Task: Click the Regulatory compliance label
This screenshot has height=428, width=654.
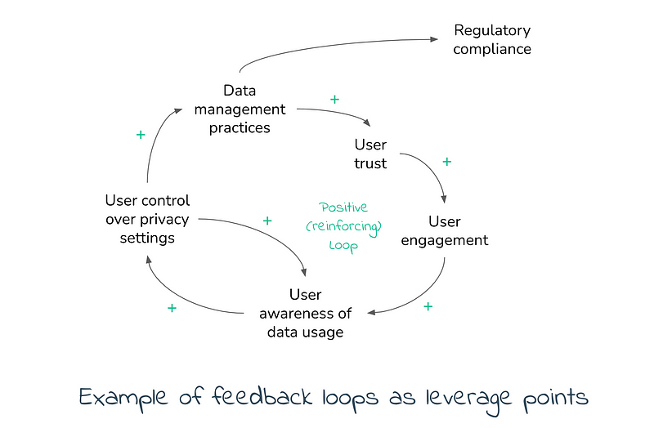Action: (x=492, y=40)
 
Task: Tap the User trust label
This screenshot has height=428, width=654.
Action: (x=370, y=154)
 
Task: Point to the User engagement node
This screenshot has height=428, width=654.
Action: (x=446, y=231)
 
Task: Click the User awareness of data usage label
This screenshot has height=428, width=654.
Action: (x=305, y=313)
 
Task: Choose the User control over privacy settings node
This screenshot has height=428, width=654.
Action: (x=147, y=219)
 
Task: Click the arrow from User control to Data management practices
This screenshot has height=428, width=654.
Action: (x=155, y=139)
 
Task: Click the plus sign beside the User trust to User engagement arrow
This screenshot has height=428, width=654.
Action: (x=446, y=162)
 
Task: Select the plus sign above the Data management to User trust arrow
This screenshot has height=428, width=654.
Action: (x=334, y=99)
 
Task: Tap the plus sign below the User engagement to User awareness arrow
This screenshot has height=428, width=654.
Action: (x=428, y=306)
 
